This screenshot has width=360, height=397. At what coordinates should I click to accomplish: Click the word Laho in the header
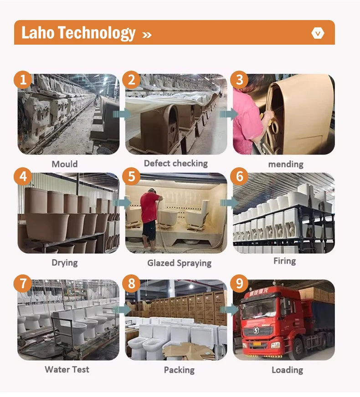tap(38, 33)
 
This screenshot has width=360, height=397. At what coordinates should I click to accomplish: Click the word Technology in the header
tap(97, 33)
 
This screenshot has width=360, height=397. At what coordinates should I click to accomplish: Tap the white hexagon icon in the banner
tap(318, 33)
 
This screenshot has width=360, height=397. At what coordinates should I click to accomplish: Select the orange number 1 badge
tap(23, 80)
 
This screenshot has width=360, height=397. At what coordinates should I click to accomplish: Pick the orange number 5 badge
tap(131, 176)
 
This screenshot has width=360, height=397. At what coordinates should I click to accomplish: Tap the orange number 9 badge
tap(240, 283)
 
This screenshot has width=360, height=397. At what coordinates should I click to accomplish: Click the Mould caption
tap(65, 164)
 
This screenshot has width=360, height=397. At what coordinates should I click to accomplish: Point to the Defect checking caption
tap(176, 164)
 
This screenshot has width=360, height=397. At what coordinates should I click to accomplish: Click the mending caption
tap(286, 165)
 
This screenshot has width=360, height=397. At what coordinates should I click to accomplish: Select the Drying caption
tap(65, 263)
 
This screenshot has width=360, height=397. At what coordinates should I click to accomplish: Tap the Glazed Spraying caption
tap(179, 263)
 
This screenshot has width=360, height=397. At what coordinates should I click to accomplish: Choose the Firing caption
tap(284, 261)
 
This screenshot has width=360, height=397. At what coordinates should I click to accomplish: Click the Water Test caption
tap(67, 369)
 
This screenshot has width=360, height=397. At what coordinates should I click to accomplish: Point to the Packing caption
tap(179, 370)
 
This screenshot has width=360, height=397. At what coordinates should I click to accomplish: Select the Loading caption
tap(288, 370)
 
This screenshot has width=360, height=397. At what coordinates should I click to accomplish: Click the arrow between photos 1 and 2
tap(122, 114)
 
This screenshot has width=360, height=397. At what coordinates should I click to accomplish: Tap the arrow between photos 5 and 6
tap(229, 203)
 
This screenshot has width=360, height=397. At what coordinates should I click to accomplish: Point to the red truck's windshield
tap(259, 308)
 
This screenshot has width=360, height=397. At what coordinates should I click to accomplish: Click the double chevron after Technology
tap(147, 35)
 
